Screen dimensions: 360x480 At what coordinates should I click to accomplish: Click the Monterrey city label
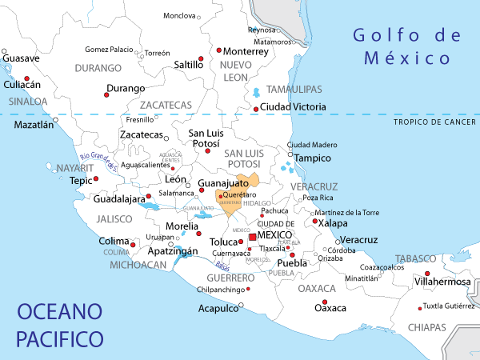246,50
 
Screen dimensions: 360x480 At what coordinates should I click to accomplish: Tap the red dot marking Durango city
106,95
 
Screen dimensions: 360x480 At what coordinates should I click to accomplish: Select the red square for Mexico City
252,238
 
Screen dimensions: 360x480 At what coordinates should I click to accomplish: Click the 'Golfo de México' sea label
408,46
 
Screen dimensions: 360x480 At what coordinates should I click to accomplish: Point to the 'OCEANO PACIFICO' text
60,324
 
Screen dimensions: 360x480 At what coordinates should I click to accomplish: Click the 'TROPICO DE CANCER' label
435,122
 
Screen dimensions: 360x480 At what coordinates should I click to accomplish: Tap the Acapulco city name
218,307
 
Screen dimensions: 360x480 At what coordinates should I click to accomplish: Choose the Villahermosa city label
442,282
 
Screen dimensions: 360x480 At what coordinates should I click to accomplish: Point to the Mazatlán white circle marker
55,120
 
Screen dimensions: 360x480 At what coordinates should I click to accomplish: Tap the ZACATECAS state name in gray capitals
166,105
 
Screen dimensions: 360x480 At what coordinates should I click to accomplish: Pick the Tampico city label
313,158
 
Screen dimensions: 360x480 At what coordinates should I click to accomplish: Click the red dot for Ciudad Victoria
256,109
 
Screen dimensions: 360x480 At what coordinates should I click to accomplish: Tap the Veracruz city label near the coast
358,240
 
